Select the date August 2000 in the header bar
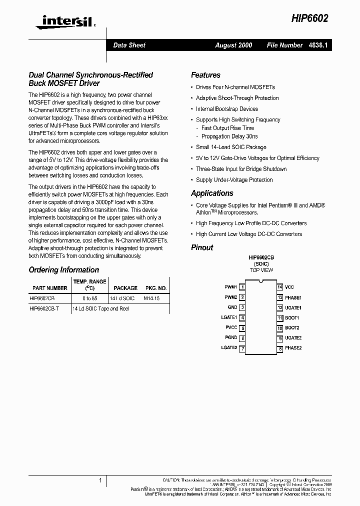click(x=233, y=45)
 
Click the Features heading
click(x=205, y=75)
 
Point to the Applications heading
click(x=212, y=193)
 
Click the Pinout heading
click(x=202, y=247)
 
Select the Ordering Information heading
click(x=64, y=270)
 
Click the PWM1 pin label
click(x=230, y=287)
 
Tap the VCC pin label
click(x=289, y=287)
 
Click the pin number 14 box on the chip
click(x=280, y=287)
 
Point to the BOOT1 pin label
click(x=292, y=317)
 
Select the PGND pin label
click(x=231, y=338)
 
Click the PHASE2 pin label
click(x=293, y=348)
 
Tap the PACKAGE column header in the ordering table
click(x=125, y=288)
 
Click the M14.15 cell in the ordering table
click(x=151, y=298)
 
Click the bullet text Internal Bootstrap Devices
click(x=227, y=109)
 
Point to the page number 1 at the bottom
click(x=100, y=481)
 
